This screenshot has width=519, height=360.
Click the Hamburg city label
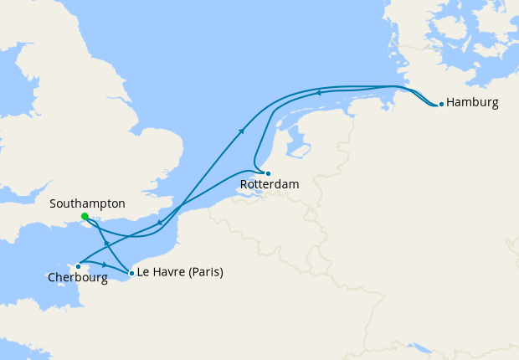click(x=473, y=103)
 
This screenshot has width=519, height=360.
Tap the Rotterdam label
click(x=270, y=183)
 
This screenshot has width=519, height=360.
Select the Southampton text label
click(x=87, y=203)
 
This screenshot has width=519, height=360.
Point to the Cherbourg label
click(x=77, y=278)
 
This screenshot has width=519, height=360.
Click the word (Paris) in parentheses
click(x=203, y=272)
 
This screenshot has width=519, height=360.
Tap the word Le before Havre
click(x=143, y=272)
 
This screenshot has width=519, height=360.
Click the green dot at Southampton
click(x=85, y=216)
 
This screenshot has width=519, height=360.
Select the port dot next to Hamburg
click(x=441, y=105)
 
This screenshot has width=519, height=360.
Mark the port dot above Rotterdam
click(x=269, y=172)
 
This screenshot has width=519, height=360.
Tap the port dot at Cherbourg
click(x=78, y=266)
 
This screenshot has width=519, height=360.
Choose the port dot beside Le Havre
click(x=131, y=273)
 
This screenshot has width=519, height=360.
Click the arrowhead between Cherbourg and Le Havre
click(x=104, y=264)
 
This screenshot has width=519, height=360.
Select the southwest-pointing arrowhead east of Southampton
click(x=159, y=223)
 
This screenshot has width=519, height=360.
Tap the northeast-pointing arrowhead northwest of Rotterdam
click(x=242, y=130)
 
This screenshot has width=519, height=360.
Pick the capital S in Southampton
click(x=54, y=203)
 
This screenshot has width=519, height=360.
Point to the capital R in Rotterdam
click(x=244, y=183)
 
